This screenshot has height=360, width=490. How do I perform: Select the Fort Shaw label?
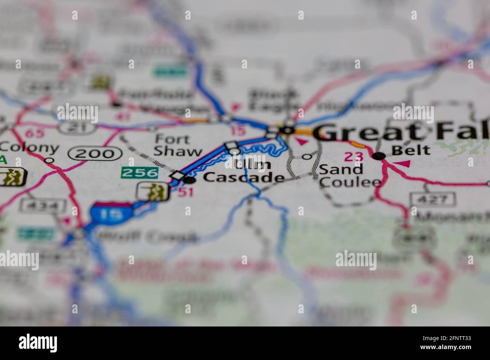(178, 145)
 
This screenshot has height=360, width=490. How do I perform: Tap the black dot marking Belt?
(379, 156)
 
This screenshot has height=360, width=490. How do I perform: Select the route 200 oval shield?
(95, 153)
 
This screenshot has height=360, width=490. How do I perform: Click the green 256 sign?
(139, 173)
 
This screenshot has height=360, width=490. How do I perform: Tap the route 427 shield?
(433, 198)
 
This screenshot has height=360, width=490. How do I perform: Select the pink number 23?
(353, 156)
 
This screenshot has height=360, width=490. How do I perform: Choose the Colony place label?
(29, 148)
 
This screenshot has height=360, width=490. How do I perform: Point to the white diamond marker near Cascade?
(178, 175)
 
